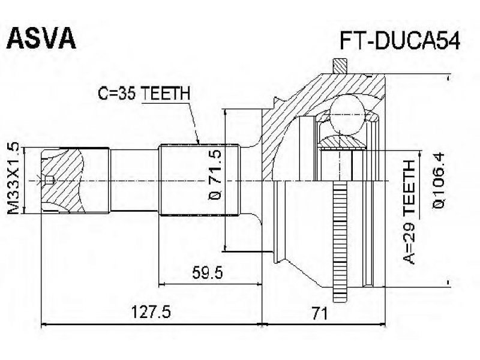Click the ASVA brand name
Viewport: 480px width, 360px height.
pos(41,38)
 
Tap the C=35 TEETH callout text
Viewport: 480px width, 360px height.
pos(144,94)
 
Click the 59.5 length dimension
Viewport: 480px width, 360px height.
pos(209,274)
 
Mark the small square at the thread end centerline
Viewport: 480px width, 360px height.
pos(50,179)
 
